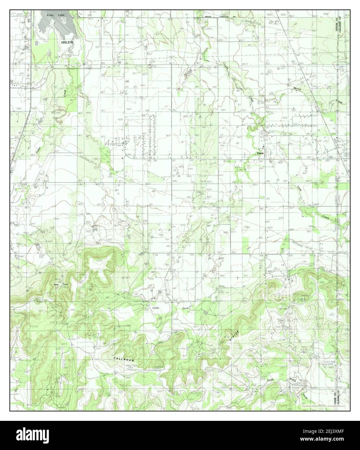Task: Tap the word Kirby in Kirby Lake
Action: [x=50, y=15]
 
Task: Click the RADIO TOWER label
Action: [x=121, y=366]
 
